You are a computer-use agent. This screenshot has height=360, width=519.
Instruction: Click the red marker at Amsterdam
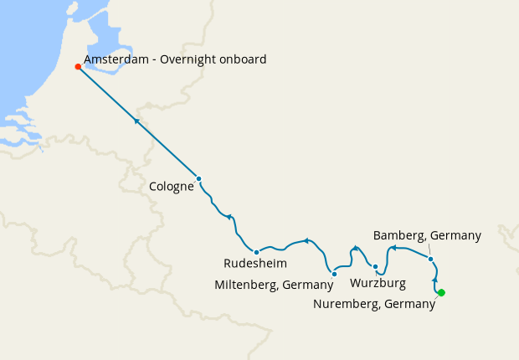point(78,67)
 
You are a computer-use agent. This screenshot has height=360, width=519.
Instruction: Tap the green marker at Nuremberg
point(441,292)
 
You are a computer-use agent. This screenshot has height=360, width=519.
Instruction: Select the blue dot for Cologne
point(198,178)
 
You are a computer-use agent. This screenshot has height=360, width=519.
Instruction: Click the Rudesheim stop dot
point(256,252)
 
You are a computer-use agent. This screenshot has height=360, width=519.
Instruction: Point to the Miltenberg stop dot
point(334,274)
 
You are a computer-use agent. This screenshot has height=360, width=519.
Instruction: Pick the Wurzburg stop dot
point(375,267)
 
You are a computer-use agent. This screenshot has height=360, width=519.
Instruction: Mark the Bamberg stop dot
point(430,259)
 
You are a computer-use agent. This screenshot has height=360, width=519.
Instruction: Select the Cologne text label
point(172,187)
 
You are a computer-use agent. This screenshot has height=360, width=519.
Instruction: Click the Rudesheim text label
point(249,264)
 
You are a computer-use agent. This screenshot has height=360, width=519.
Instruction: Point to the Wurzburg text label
point(378,283)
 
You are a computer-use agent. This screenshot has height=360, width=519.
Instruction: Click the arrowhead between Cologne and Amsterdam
point(136,121)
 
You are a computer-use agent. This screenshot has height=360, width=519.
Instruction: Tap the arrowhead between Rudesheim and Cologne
point(229,217)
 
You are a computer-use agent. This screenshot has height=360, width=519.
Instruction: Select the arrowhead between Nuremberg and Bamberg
point(434,278)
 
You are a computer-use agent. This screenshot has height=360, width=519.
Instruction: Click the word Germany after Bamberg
point(456,235)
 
